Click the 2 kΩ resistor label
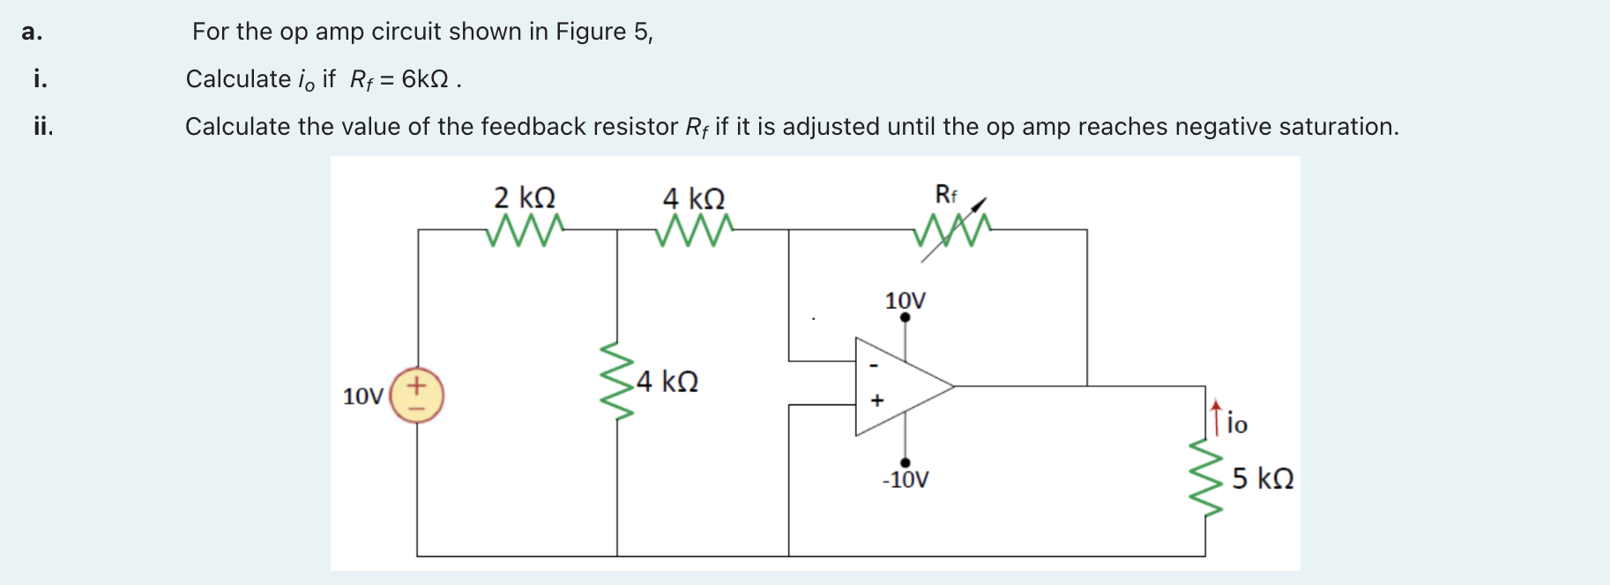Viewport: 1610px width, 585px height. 525,196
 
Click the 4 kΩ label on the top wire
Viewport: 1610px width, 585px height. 694,197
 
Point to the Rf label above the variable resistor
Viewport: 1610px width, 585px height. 945,194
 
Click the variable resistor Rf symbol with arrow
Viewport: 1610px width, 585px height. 952,231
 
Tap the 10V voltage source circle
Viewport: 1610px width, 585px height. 417,396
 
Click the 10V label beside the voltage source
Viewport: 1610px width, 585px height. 362,396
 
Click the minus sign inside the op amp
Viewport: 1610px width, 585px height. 874,365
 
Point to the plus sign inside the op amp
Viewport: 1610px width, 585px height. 876,401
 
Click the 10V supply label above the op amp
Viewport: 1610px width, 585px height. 906,300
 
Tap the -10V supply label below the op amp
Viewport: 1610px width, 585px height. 906,480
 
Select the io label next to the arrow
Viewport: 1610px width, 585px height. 1237,425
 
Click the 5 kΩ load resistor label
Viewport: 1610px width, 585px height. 1263,478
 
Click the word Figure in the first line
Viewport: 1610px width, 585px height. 591,32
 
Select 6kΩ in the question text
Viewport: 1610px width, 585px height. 425,79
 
